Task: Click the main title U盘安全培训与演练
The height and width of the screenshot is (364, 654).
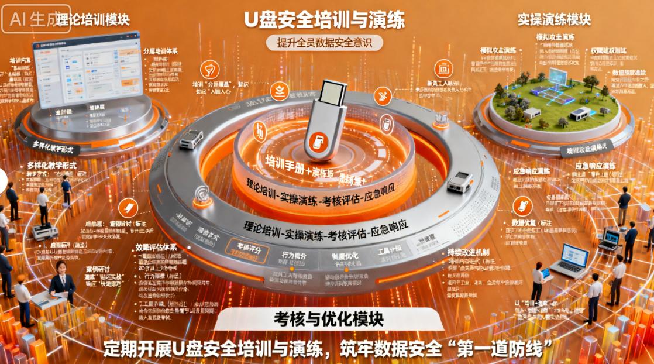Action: pyautogui.click(x=324, y=20)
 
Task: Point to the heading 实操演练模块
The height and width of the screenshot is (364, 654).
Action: pyautogui.click(x=554, y=19)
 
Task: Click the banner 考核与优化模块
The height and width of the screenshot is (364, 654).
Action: pyautogui.click(x=328, y=320)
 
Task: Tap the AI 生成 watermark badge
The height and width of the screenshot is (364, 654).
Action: pyautogui.click(x=35, y=19)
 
